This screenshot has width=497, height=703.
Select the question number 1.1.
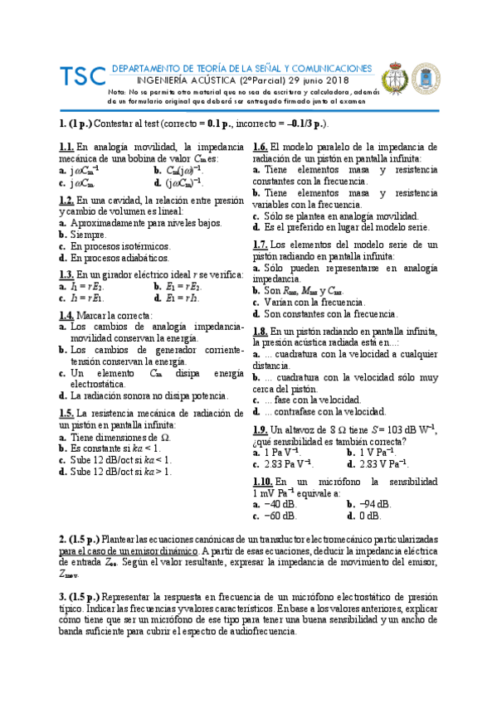pyautogui.click(x=66, y=147)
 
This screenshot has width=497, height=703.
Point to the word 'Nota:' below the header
pyautogui.click(x=118, y=92)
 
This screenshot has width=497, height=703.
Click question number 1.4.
pyautogui.click(x=66, y=316)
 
